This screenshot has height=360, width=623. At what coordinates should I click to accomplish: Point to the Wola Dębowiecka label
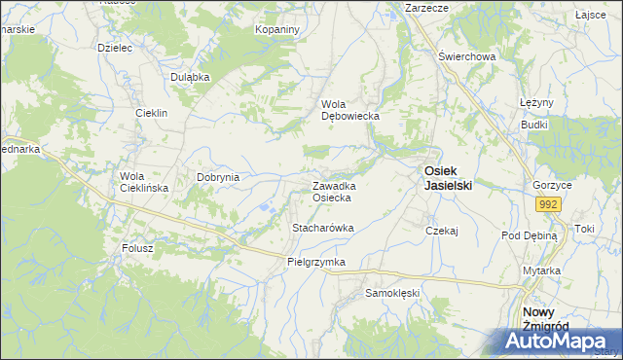click(x=350, y=110)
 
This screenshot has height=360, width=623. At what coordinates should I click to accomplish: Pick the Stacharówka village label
click(x=323, y=228)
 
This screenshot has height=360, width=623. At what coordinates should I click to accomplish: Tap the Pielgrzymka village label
click(x=316, y=263)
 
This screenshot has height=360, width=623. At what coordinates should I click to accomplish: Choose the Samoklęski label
click(x=391, y=292)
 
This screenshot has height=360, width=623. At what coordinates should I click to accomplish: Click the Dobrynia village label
click(x=218, y=178)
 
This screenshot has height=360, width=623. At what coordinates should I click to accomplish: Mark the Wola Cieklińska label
click(x=143, y=182)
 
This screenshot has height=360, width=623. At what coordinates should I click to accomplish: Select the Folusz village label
click(x=137, y=248)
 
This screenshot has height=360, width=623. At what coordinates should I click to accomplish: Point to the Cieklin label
click(x=153, y=113)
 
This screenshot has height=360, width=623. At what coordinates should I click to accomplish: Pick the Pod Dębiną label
click(x=529, y=235)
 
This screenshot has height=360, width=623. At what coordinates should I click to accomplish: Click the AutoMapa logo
click(x=558, y=341)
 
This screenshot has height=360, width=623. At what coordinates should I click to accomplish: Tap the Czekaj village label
click(x=441, y=231)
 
